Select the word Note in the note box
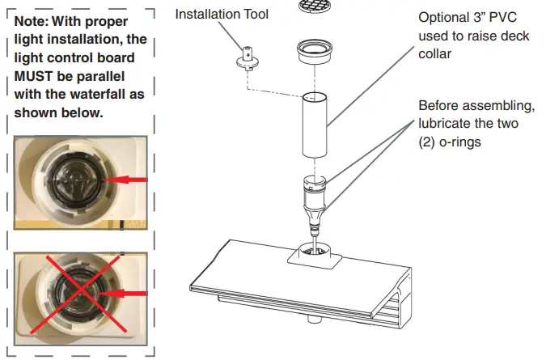(32, 21)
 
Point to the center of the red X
(77, 294)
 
